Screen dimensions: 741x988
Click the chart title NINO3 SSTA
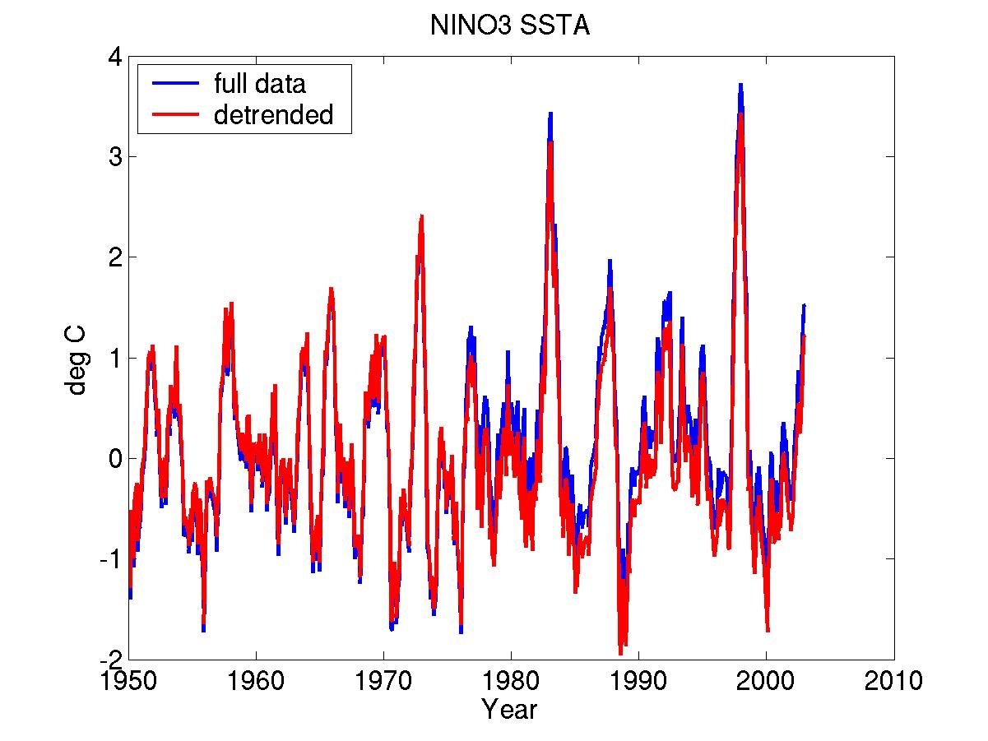[x=510, y=26]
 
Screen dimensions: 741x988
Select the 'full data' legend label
[x=259, y=83]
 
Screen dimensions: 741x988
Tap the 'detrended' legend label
[x=273, y=115]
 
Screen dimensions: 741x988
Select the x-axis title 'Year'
[x=510, y=709]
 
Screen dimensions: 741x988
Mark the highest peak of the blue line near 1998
[x=740, y=85]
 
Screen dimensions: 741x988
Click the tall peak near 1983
[x=550, y=113]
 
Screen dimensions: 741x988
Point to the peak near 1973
[x=421, y=216]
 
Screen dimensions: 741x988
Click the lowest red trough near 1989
[x=620, y=653]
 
